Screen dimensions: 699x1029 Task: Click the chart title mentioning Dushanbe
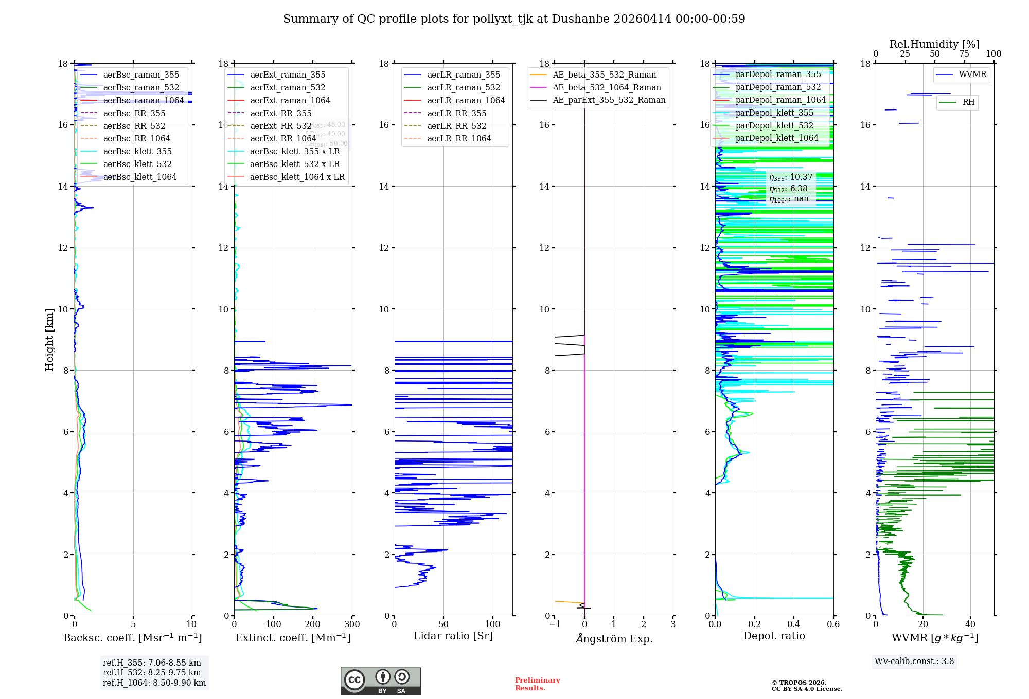pyautogui.click(x=514, y=19)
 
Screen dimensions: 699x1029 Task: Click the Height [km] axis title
pyautogui.click(x=49, y=339)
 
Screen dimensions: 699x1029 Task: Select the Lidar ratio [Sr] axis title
pyautogui.click(x=453, y=636)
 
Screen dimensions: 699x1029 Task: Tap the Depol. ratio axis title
pyautogui.click(x=774, y=636)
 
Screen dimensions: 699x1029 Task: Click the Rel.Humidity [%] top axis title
pyautogui.click(x=934, y=44)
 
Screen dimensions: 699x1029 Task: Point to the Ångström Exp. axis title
pyautogui.click(x=614, y=638)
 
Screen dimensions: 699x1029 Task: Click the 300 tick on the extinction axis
pyautogui.click(x=352, y=624)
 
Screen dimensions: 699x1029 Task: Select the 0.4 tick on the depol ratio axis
pyautogui.click(x=794, y=624)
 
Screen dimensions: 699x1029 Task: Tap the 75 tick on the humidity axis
pyautogui.click(x=964, y=54)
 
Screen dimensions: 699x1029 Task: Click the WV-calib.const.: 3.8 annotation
pyautogui.click(x=914, y=661)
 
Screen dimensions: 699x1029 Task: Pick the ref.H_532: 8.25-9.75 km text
pyautogui.click(x=152, y=672)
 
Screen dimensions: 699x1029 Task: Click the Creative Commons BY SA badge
pyautogui.click(x=380, y=680)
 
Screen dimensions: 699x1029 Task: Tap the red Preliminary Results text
pyautogui.click(x=537, y=684)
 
